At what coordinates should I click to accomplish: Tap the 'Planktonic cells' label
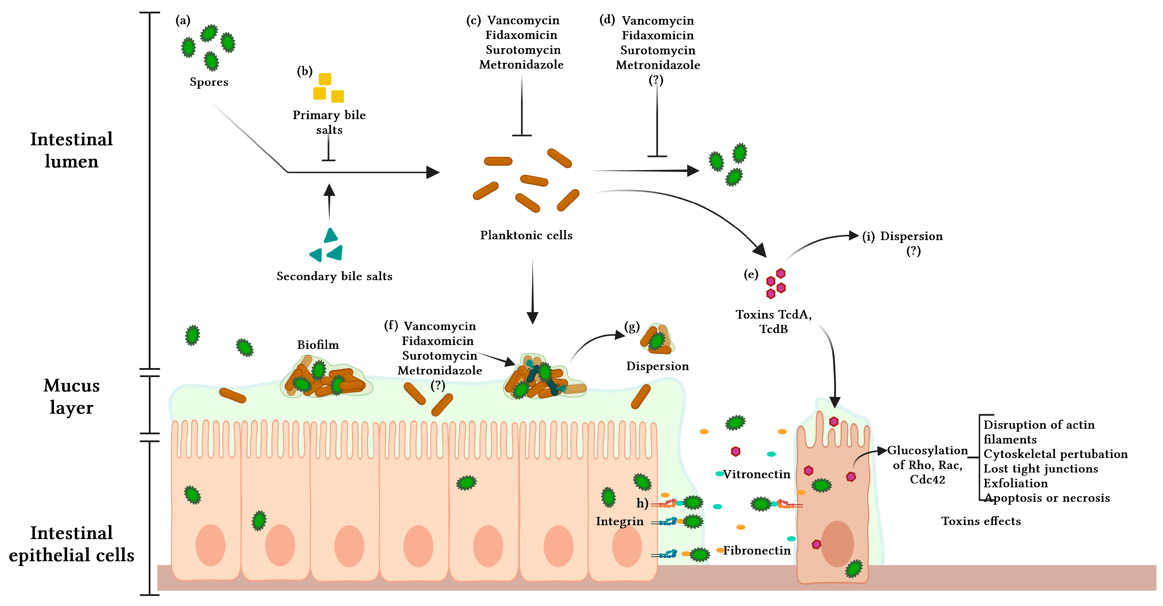click(526, 235)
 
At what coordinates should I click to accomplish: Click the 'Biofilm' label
click(318, 345)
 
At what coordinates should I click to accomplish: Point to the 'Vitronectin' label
click(757, 474)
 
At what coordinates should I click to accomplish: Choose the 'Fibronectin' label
click(757, 550)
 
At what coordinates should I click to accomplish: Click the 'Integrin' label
click(620, 521)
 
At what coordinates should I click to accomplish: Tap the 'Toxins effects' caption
click(981, 521)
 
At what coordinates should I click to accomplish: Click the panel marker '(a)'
click(183, 20)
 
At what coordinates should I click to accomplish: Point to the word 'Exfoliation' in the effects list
click(1015, 483)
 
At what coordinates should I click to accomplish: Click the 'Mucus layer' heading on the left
click(71, 396)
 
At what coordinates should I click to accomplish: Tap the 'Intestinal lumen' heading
click(71, 150)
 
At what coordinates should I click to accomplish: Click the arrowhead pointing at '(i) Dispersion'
click(853, 235)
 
